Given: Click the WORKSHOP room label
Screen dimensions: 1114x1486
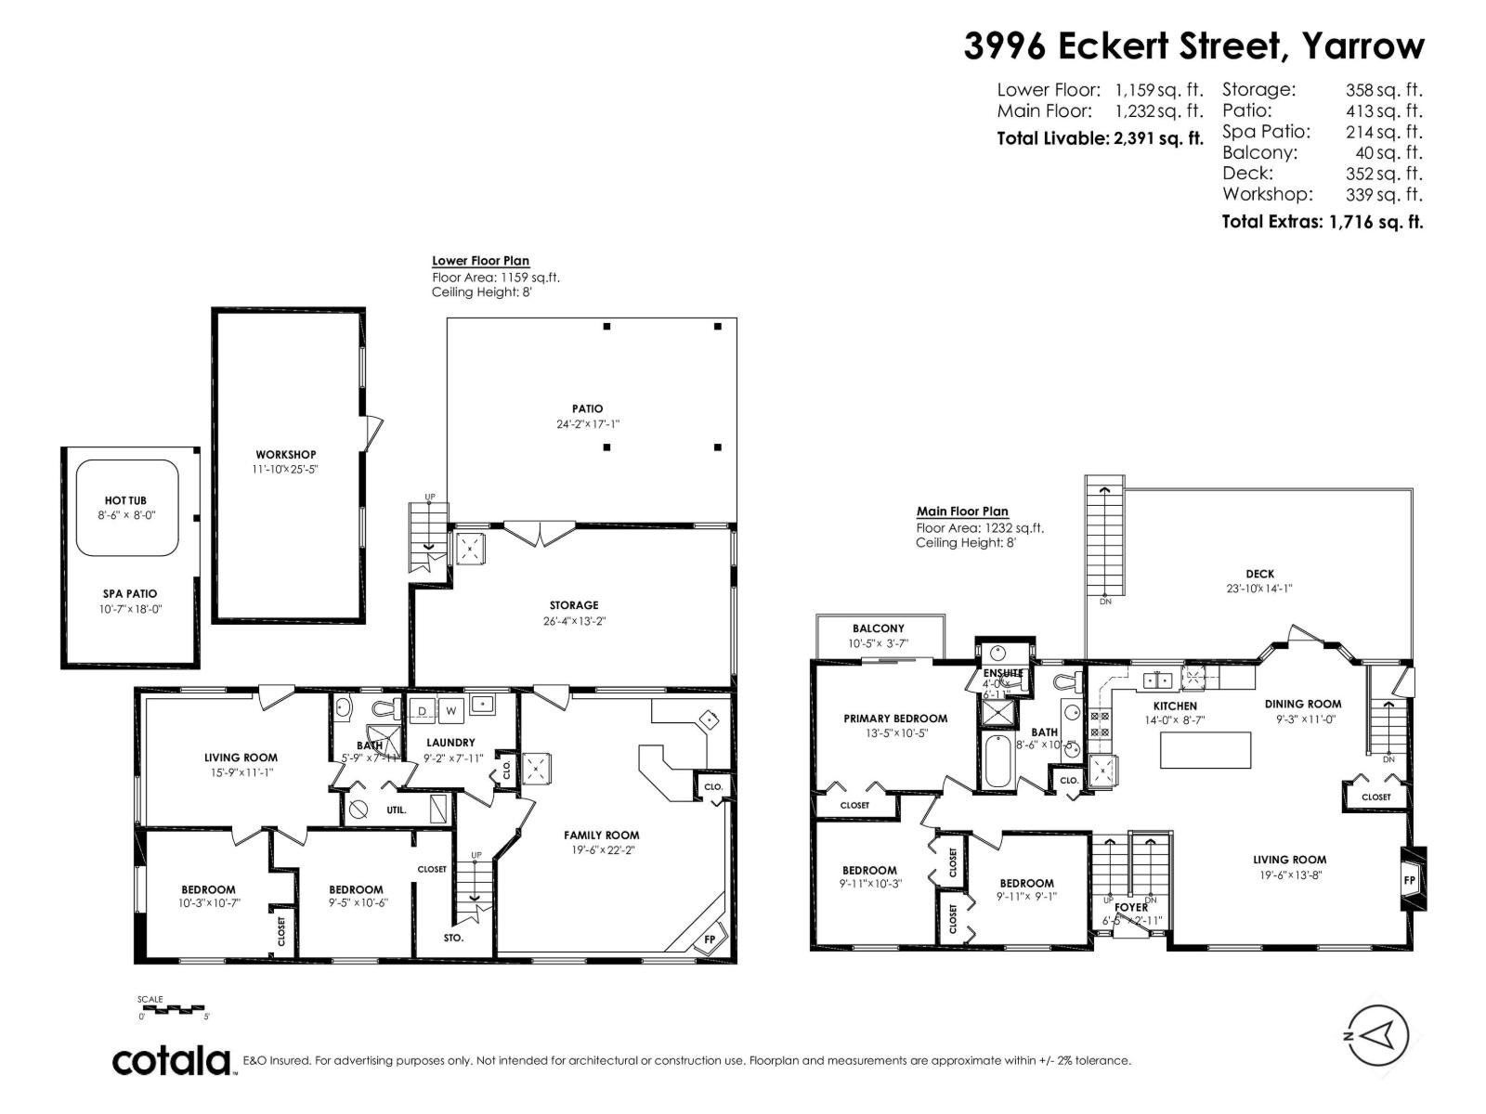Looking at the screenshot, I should (x=285, y=454).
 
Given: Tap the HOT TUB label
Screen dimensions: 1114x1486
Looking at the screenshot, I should (x=125, y=500).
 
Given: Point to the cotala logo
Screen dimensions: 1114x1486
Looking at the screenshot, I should (x=172, y=1060).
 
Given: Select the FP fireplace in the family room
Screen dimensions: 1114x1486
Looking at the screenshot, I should (x=710, y=939).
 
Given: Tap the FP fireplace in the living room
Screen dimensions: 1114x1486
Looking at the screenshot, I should (x=1409, y=879).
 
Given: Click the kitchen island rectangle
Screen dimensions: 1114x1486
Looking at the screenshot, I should (x=1205, y=750).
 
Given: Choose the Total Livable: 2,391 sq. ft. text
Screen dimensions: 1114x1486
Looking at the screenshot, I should (x=1100, y=138).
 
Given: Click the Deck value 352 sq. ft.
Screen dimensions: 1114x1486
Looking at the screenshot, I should (x=1384, y=174).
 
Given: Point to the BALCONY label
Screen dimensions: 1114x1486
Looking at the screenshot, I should (x=878, y=628).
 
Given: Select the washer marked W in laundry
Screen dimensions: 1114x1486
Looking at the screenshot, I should (x=451, y=711).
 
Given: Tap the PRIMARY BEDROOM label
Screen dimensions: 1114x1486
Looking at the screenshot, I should (x=895, y=718).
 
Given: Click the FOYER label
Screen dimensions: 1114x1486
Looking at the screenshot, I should (x=1131, y=907).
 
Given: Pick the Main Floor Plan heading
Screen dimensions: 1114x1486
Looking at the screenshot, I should (x=962, y=512).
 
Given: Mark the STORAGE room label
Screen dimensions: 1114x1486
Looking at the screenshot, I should (x=573, y=605).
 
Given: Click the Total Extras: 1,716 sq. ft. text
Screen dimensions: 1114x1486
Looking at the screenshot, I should (x=1322, y=222).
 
